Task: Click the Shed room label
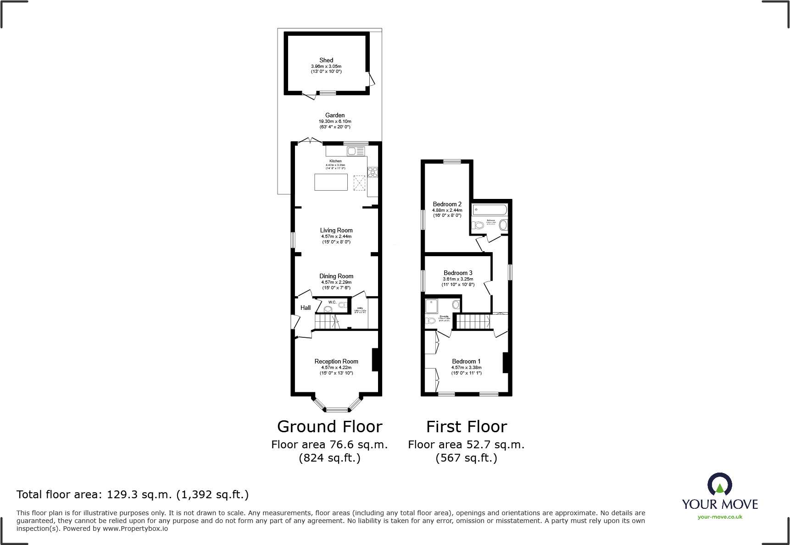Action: (x=326, y=60)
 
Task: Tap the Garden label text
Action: (x=335, y=116)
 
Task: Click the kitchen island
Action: (x=331, y=182)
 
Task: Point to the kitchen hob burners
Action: (x=373, y=172)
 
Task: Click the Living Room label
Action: (x=336, y=231)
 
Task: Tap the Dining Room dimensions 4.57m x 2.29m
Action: (x=336, y=282)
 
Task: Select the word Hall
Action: (x=306, y=308)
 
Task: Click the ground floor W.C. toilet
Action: (x=328, y=309)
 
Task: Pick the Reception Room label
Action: (x=336, y=362)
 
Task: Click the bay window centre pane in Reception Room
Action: (x=337, y=409)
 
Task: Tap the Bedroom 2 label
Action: (x=447, y=204)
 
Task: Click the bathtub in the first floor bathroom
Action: (x=490, y=210)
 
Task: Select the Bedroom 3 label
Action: (x=458, y=273)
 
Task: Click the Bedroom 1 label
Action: (x=466, y=362)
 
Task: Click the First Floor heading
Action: (x=467, y=427)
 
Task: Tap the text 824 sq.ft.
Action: (x=329, y=458)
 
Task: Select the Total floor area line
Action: (x=133, y=495)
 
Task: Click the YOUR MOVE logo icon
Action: (x=719, y=484)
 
